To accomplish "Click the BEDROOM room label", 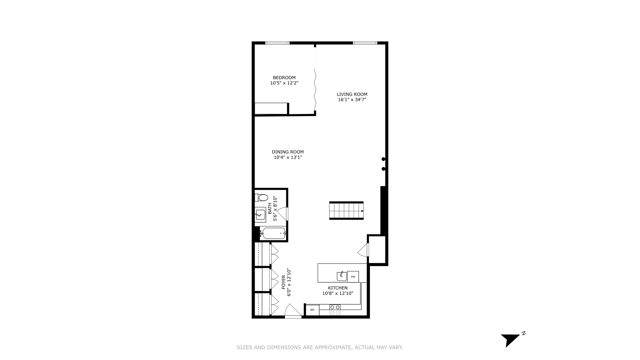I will (284, 78).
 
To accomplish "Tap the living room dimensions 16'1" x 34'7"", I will (352, 99).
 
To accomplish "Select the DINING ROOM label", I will (288, 152).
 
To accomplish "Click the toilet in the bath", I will (262, 198).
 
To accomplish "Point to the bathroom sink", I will (260, 214).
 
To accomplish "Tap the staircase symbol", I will (346, 211).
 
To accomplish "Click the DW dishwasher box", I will (353, 277).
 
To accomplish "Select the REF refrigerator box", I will (312, 310).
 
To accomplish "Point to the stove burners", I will (335, 310).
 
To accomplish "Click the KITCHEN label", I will (338, 288).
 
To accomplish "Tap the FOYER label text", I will (284, 282).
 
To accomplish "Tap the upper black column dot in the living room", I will (383, 159).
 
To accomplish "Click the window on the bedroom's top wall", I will (277, 43).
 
